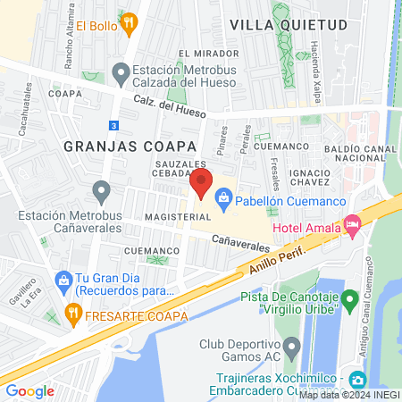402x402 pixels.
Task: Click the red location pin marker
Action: (201, 184)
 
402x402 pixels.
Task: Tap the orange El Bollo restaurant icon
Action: (130, 24)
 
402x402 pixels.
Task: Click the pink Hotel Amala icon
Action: (352, 229)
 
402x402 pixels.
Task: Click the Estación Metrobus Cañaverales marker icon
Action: (101, 192)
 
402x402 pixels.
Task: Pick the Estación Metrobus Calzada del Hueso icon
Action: (120, 72)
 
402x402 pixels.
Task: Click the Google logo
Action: (30, 390)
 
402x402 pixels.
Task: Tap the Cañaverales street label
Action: (240, 242)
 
